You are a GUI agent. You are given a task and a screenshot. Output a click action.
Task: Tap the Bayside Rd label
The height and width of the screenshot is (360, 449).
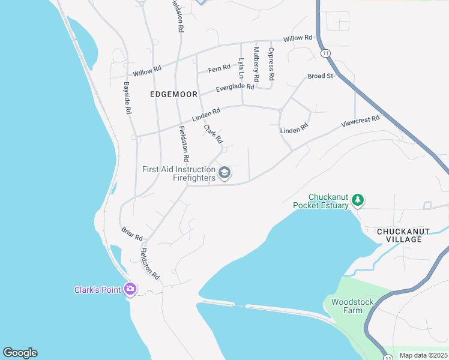(x=127, y=98)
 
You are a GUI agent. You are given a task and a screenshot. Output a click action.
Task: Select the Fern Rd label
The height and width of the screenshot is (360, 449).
(x=219, y=69)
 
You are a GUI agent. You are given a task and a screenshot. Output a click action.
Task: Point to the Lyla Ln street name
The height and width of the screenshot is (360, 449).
(x=241, y=68)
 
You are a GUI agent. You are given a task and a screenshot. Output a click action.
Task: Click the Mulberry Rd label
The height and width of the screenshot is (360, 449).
(x=256, y=64)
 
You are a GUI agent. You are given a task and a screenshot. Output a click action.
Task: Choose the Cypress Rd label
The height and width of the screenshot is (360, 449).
(x=271, y=64)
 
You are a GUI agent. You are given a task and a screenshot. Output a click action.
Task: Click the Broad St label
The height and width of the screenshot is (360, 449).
(x=320, y=76)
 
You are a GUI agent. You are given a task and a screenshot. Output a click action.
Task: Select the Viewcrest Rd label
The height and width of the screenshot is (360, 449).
(x=360, y=121)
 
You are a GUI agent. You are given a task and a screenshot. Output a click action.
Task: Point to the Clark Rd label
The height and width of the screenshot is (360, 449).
(x=213, y=134)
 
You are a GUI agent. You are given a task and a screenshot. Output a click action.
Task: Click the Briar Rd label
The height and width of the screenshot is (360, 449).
(x=131, y=233)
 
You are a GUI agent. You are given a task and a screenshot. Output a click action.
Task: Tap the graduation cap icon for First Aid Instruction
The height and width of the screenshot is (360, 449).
(x=224, y=173)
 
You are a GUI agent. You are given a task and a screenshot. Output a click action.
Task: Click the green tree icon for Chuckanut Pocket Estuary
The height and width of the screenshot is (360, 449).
(x=358, y=200)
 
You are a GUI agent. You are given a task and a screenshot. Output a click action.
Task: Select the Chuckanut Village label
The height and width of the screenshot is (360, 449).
(x=400, y=235)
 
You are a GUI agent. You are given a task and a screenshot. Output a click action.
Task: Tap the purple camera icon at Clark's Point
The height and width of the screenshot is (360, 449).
(x=130, y=289)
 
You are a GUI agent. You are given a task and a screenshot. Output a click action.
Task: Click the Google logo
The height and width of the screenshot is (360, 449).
(x=20, y=353)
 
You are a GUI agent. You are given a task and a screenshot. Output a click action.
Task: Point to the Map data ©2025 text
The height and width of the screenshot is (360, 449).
(x=423, y=355)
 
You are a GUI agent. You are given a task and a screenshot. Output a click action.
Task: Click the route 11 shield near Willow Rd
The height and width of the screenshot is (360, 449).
(x=325, y=53)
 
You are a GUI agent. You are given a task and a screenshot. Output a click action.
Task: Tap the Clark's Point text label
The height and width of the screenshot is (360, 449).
(x=98, y=290)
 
